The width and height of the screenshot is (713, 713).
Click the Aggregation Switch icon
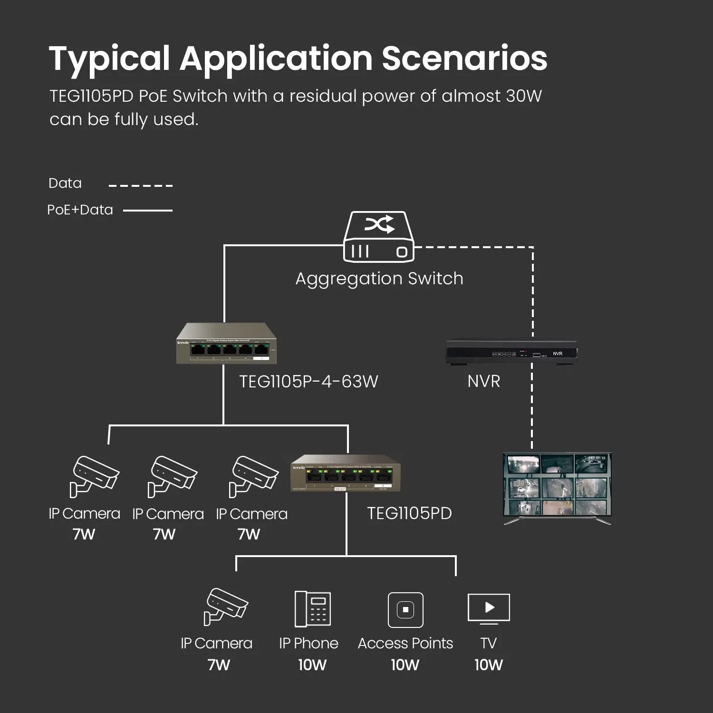(379, 237)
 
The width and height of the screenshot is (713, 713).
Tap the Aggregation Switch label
(379, 279)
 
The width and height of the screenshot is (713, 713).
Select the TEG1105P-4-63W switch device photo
(226, 344)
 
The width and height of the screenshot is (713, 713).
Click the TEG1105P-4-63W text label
(308, 381)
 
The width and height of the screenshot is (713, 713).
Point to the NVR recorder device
(511, 352)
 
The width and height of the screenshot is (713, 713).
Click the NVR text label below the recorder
(483, 381)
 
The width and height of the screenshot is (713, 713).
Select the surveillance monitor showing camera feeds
(557, 488)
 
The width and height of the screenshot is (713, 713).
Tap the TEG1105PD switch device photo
(346, 473)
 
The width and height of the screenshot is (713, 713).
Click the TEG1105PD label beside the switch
(409, 513)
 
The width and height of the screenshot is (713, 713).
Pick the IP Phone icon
(312, 609)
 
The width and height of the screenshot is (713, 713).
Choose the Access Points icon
(405, 609)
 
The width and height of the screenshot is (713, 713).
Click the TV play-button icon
(489, 608)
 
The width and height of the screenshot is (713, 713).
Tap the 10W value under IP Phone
(312, 665)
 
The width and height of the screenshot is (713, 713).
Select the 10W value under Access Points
(405, 665)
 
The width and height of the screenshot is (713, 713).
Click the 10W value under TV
(488, 665)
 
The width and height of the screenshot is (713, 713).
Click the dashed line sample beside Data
(141, 185)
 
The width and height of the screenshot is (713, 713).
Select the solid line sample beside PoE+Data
(148, 210)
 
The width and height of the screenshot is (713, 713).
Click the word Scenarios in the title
(464, 58)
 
